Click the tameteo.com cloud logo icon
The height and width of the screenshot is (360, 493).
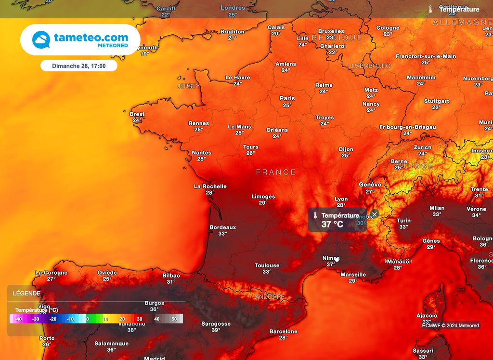[41, 40]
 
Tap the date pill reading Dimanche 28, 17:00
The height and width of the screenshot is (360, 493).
[78, 66]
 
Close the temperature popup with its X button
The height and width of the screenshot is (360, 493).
[375, 214]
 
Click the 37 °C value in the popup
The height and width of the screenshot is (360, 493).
[332, 224]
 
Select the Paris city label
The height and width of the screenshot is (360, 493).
[287, 98]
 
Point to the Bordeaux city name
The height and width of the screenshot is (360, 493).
[222, 227]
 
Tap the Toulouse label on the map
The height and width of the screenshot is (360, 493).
[267, 266]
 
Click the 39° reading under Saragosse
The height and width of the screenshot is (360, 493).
[216, 330]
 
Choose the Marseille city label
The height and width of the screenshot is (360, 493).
[353, 275]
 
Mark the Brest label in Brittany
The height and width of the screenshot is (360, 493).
[137, 114]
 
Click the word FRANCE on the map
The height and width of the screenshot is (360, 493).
[276, 172]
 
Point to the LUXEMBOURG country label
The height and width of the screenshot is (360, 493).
[369, 66]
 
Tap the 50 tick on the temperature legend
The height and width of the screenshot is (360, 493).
[174, 319]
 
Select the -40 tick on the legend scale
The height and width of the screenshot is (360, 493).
[18, 319]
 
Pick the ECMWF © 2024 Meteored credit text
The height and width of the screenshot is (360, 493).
[451, 325]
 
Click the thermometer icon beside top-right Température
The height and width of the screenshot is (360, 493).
[430, 9]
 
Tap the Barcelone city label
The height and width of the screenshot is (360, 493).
[283, 332]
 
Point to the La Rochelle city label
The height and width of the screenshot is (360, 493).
[210, 187]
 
